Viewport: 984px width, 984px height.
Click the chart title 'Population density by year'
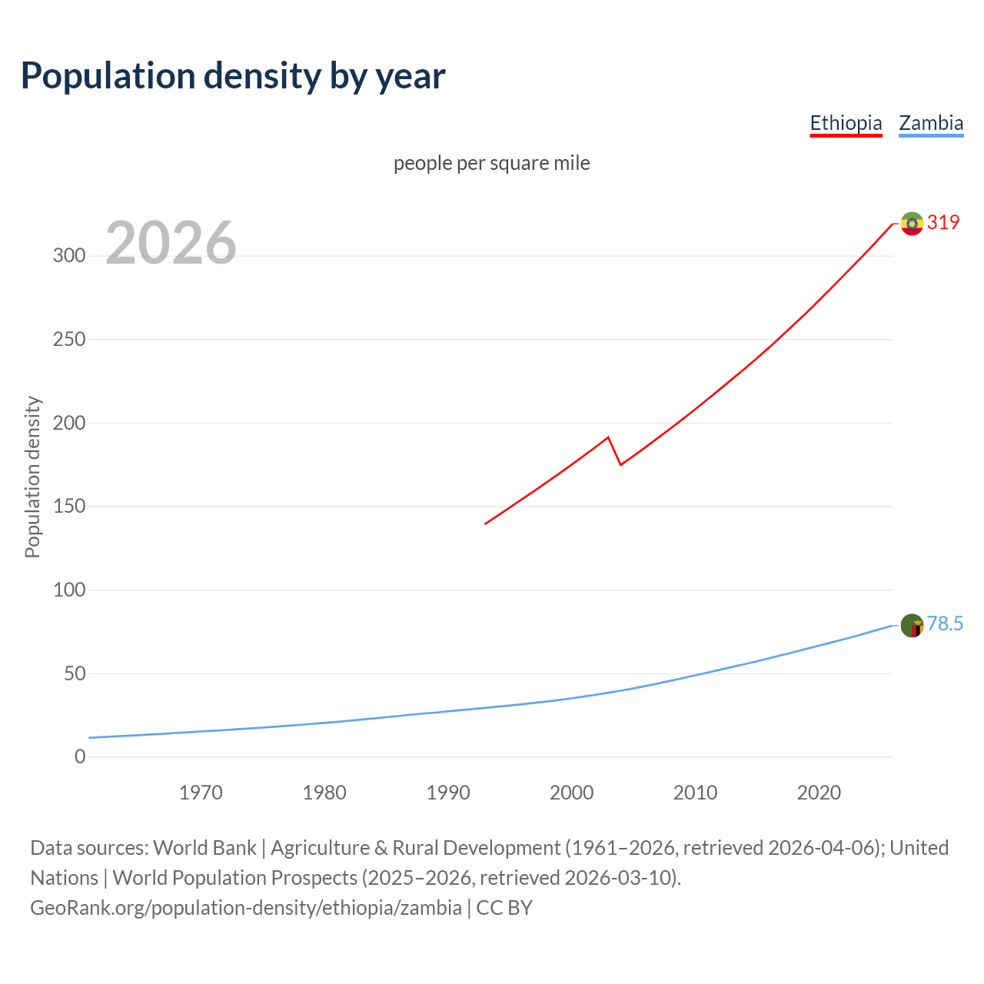[x=233, y=76]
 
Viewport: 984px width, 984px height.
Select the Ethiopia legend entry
[x=846, y=123]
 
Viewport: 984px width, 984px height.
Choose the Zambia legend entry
[x=931, y=123]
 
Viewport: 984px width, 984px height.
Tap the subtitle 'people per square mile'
[x=491, y=163]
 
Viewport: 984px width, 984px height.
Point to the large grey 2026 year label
[x=171, y=243]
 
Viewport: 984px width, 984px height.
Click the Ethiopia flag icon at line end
[x=912, y=224]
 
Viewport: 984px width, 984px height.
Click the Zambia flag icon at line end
[x=912, y=626]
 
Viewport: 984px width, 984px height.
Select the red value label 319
[x=943, y=222]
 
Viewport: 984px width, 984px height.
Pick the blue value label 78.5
[x=945, y=623]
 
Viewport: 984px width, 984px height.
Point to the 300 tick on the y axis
[x=69, y=256]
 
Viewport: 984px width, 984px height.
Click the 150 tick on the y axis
[x=69, y=507]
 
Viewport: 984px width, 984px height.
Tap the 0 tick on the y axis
[x=80, y=757]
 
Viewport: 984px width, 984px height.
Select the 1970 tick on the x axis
[x=201, y=793]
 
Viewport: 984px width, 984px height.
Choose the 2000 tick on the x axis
[x=571, y=793]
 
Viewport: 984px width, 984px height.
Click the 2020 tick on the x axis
[x=819, y=793]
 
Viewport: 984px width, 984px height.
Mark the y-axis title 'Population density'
[x=32, y=477]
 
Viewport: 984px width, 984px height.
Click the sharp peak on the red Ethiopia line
[x=608, y=437]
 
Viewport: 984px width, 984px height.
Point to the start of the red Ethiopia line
[x=485, y=524]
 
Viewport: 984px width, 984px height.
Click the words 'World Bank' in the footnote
[x=204, y=848]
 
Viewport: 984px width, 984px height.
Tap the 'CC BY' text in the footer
[x=504, y=908]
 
